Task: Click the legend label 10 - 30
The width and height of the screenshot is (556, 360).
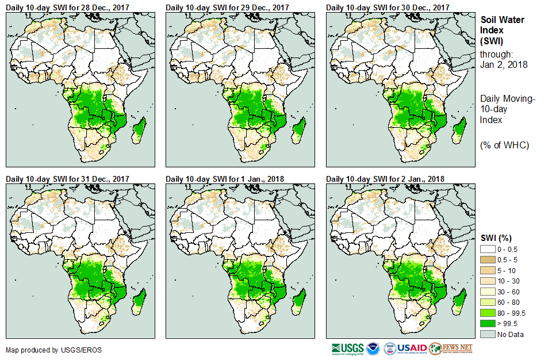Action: pyautogui.click(x=508, y=281)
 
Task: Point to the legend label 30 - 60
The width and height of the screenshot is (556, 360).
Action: pyautogui.click(x=508, y=292)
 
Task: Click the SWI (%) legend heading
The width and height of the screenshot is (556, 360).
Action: pyautogui.click(x=496, y=238)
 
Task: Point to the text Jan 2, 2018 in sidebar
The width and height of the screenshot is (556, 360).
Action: pyautogui.click(x=504, y=64)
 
